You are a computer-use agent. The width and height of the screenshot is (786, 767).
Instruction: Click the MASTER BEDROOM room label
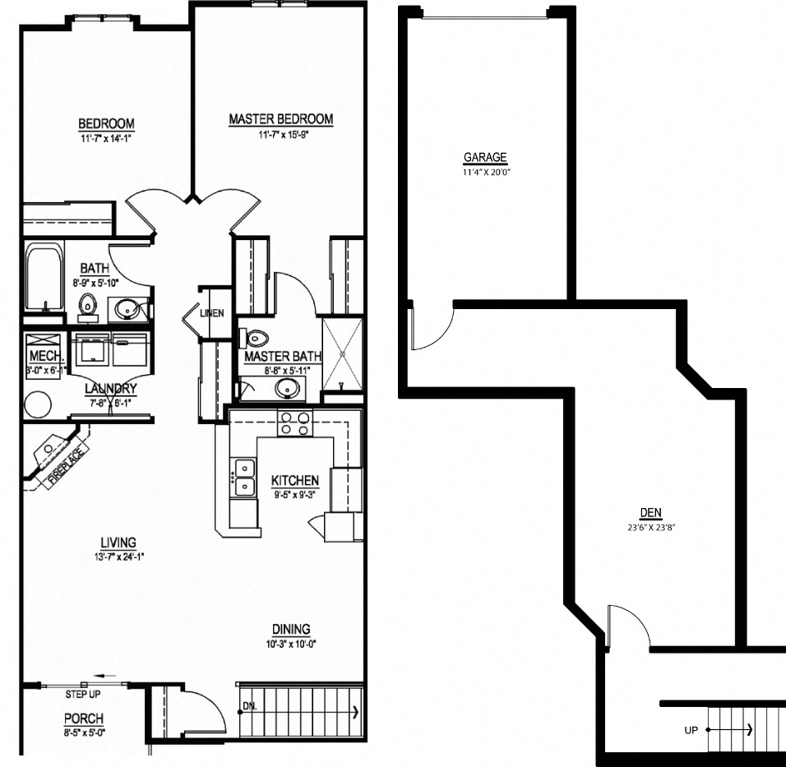(x=280, y=120)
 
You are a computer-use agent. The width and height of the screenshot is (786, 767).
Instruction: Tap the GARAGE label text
(x=485, y=158)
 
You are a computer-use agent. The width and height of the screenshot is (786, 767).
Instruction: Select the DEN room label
(x=650, y=513)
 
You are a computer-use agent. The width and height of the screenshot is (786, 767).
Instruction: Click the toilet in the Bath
(x=89, y=306)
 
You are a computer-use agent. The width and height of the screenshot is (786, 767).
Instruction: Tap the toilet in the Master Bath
(x=256, y=338)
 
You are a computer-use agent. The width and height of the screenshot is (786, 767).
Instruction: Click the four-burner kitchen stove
(x=295, y=423)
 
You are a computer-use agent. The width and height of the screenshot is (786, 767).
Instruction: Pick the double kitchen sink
(x=244, y=478)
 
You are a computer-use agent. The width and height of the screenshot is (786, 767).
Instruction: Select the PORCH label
(x=83, y=718)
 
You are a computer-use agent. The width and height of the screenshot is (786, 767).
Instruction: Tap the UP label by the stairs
(x=691, y=729)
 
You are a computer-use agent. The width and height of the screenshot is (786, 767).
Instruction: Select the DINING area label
(x=291, y=631)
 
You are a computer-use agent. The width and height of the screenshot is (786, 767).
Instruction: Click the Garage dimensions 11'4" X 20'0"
(x=485, y=173)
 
